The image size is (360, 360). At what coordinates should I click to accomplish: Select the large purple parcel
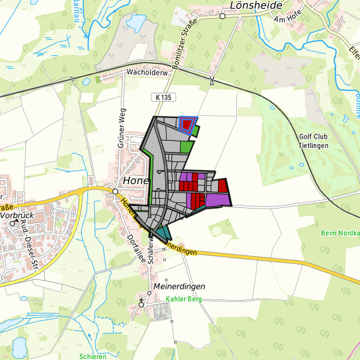tap(217, 199)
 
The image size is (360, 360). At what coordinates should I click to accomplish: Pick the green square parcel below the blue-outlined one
tap(187, 145)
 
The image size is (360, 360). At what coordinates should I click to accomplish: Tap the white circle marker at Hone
tap(115, 191)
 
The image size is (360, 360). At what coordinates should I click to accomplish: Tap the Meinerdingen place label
tap(179, 286)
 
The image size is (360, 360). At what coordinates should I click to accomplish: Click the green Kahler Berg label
tap(183, 299)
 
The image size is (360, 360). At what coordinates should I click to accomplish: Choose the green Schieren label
tap(92, 357)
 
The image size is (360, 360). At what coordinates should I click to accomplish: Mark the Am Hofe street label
tap(288, 19)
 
